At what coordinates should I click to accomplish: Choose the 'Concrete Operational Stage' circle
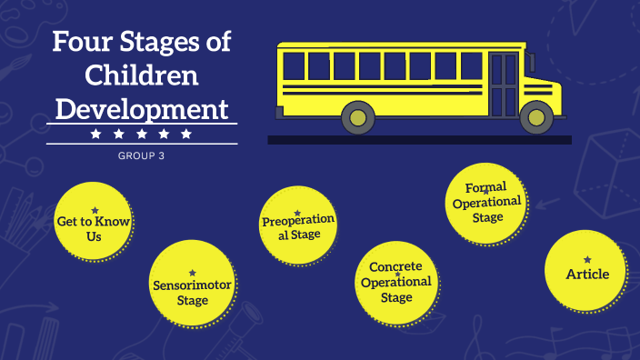[396, 282]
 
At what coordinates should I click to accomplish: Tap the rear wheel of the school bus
[358, 116]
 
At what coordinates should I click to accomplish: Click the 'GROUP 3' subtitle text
[142, 155]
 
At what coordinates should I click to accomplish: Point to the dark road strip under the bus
[419, 140]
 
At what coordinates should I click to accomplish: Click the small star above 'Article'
[587, 260]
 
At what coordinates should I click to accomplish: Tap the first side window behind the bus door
[473, 65]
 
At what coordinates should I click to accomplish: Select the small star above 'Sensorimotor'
[192, 273]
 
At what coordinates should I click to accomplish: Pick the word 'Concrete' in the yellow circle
[395, 267]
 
